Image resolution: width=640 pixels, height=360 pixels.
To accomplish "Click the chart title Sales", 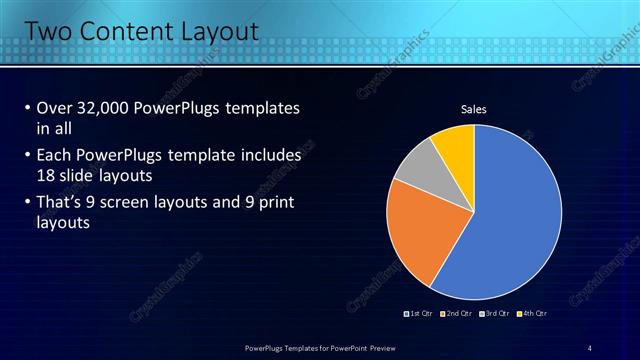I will pyautogui.click(x=473, y=109).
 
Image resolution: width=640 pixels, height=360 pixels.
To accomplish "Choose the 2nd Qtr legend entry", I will pyautogui.click(x=456, y=313).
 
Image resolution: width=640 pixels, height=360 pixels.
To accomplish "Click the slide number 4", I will pyautogui.click(x=590, y=347).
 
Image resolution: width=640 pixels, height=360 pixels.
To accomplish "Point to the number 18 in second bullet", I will pyautogui.click(x=46, y=174).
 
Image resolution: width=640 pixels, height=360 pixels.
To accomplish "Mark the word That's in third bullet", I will pyautogui.click(x=61, y=202).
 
